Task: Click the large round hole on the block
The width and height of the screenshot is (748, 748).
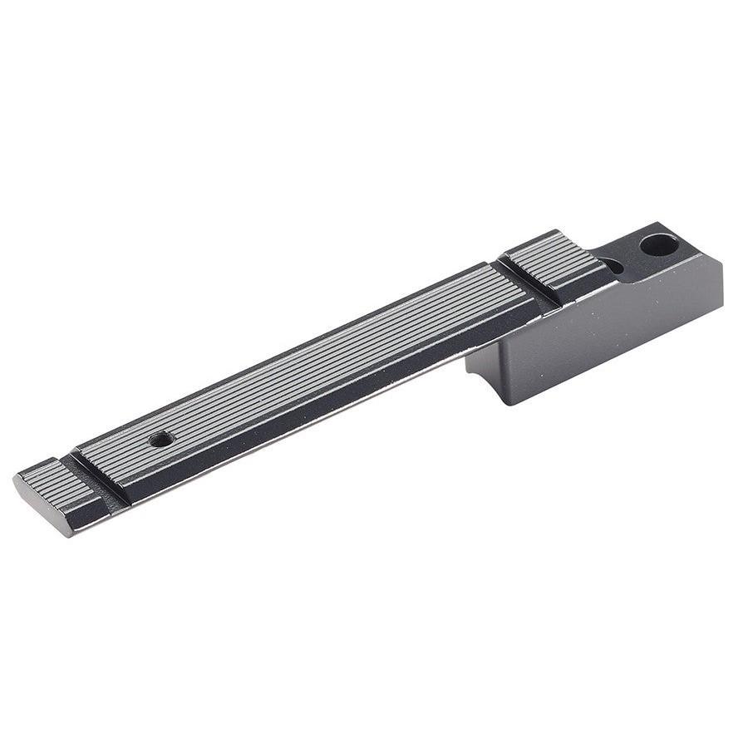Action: point(658,244)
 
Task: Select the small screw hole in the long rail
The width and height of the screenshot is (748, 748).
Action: point(161,438)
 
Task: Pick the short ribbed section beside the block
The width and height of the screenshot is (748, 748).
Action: point(554,258)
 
